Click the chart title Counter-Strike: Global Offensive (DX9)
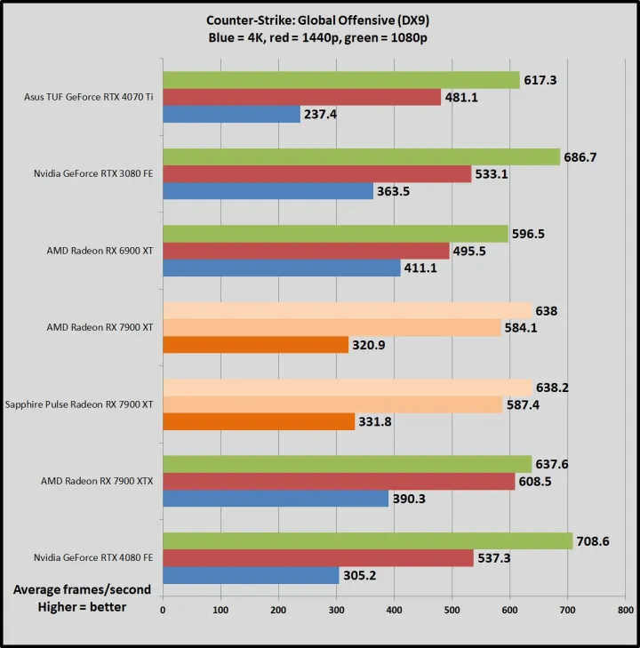319,20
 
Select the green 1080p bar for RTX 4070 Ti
340,81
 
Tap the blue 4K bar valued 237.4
231,115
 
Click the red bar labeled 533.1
316,174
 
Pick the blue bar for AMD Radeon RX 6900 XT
281,268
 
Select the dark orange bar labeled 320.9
255,345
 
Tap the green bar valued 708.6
367,540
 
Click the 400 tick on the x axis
394,611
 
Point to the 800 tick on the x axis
625,611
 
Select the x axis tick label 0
163,611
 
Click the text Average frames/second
82,589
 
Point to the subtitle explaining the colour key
319,36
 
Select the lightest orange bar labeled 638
347,310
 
